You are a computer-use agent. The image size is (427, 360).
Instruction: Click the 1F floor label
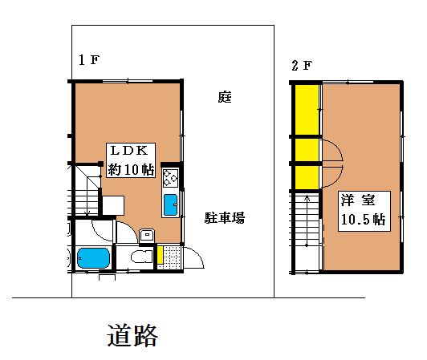(x=89, y=60)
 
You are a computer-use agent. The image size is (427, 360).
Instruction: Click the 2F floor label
(x=301, y=66)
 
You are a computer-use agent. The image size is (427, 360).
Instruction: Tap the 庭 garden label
(x=225, y=97)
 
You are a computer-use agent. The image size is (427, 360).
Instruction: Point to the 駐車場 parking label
(x=225, y=218)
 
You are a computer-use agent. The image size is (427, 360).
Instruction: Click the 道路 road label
(x=132, y=335)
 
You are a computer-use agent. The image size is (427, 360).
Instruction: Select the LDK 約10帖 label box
(x=131, y=160)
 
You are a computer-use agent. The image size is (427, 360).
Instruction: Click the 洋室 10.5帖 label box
(x=364, y=211)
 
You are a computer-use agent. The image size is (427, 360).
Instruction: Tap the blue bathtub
(x=93, y=258)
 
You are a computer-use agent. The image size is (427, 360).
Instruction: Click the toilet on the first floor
(x=141, y=257)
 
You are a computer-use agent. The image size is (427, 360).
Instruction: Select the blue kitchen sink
(x=170, y=204)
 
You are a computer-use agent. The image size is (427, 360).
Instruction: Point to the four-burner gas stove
(x=170, y=178)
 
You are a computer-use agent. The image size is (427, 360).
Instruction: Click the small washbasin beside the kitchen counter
(x=147, y=235)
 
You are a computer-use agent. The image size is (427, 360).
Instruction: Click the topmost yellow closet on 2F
(x=307, y=110)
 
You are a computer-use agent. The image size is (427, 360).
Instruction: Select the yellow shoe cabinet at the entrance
(x=161, y=255)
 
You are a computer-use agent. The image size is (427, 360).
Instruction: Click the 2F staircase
(x=307, y=232)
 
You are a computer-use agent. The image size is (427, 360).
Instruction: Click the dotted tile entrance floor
(x=172, y=257)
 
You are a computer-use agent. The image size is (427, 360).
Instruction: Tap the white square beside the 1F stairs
(x=113, y=205)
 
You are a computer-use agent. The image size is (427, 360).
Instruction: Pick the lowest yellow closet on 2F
(x=307, y=177)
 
